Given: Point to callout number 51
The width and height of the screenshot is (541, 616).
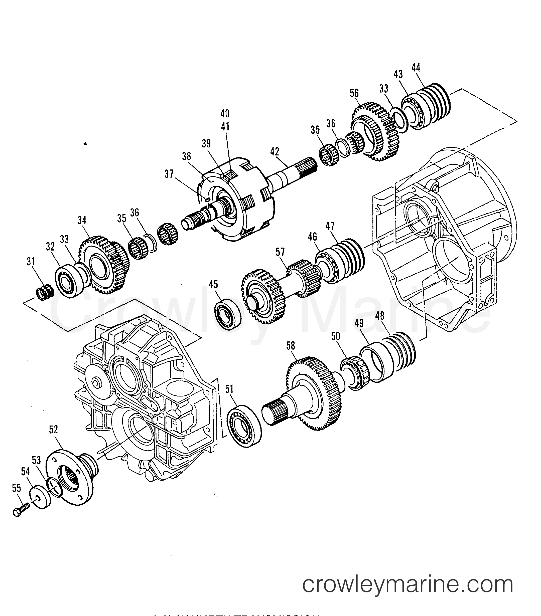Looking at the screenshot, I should pos(229,389).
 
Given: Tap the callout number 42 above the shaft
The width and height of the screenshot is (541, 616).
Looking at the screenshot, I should pos(275,152).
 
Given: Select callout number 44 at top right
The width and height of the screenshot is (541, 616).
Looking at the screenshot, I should pos(416,68).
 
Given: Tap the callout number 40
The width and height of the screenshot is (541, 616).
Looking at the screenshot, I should pos(225,114).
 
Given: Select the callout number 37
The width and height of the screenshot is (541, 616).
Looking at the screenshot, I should pos(169,174).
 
